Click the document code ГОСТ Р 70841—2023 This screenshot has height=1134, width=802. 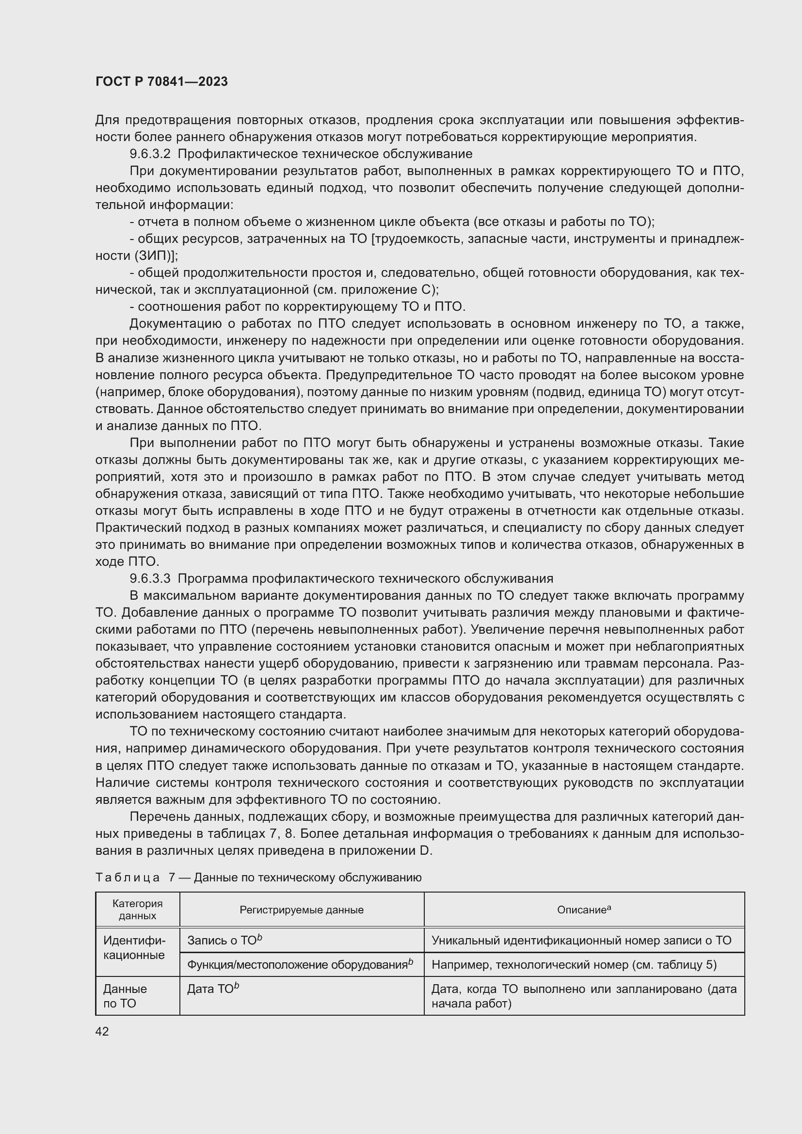[x=161, y=81]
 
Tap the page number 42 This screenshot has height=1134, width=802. [x=102, y=1031]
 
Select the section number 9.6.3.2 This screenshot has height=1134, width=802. [x=150, y=154]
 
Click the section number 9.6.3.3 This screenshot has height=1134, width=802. [x=150, y=578]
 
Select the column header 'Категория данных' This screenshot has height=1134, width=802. [x=137, y=909]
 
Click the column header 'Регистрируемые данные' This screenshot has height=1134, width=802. [x=301, y=910]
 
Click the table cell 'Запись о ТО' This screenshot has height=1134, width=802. [x=224, y=941]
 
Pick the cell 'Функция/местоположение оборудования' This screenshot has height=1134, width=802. [x=300, y=965]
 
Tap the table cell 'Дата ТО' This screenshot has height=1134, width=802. [x=213, y=989]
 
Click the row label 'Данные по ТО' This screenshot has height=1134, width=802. [x=125, y=996]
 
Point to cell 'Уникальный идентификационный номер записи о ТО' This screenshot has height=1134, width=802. [x=581, y=941]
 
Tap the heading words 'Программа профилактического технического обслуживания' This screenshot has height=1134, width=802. [x=366, y=578]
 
